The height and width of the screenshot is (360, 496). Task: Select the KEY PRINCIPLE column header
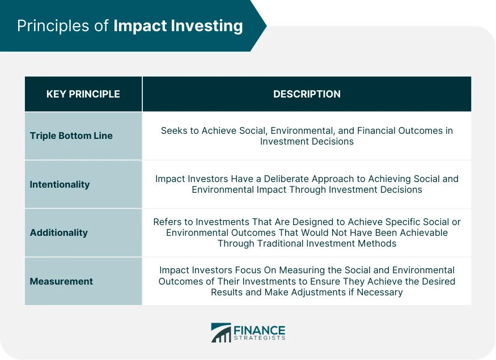tap(83, 94)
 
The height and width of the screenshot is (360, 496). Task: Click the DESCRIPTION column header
tap(307, 94)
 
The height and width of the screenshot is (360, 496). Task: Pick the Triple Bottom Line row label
tap(71, 136)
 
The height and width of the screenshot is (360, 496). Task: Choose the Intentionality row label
tap(60, 184)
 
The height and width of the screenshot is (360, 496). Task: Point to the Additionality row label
tap(58, 233)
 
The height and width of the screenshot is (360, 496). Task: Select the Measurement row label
tap(61, 281)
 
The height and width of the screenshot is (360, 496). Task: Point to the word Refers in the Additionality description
tap(167, 222)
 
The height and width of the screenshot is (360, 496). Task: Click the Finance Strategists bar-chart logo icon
tap(221, 333)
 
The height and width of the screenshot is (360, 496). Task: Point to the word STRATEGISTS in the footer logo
tap(260, 338)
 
